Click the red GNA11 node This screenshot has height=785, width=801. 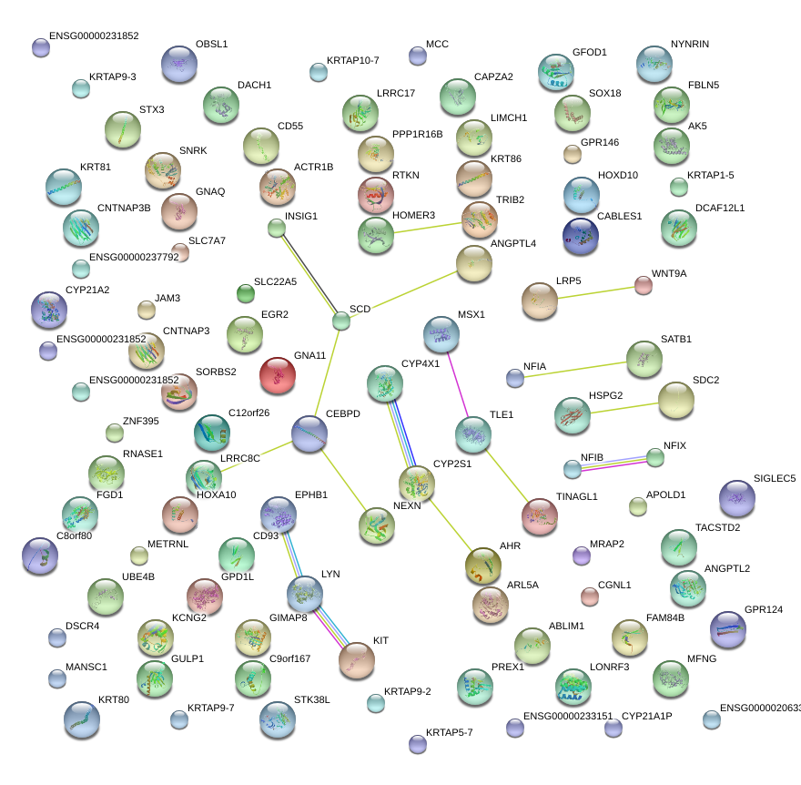278,375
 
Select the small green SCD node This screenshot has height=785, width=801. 341,321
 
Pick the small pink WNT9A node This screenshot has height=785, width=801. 644,285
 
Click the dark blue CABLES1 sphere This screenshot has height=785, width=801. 581,236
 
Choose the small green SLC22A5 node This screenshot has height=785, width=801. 246,292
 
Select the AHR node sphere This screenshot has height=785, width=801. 482,566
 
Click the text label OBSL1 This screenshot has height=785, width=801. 211,44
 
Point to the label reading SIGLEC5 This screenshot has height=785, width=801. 775,478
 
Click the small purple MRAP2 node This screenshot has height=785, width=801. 581,554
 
